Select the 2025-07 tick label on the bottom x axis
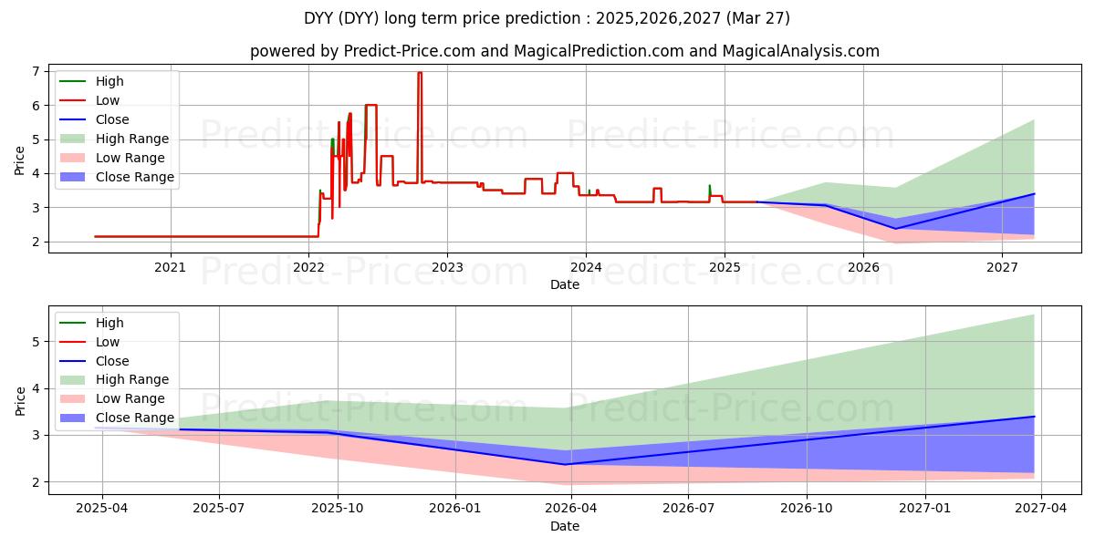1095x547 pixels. click(219, 508)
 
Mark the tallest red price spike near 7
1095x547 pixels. click(420, 73)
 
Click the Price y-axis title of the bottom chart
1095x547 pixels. click(21, 400)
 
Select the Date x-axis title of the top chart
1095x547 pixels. click(565, 284)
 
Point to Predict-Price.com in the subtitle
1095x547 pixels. click(409, 51)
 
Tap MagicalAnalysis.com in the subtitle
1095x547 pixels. click(800, 51)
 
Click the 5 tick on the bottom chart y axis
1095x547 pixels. click(34, 342)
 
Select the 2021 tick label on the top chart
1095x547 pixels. click(170, 267)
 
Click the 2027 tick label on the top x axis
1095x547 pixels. click(1002, 267)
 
